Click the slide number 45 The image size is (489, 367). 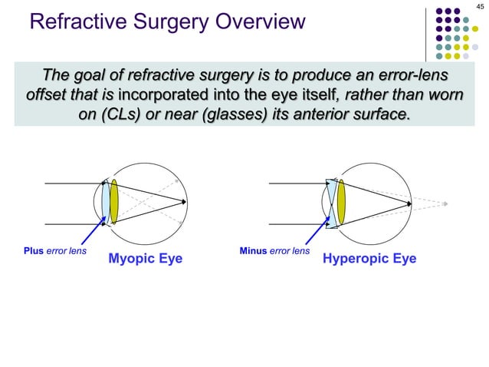click(x=481, y=8)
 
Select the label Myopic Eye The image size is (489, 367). click(x=145, y=259)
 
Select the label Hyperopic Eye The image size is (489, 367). click(x=369, y=259)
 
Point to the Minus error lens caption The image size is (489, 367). click(x=274, y=251)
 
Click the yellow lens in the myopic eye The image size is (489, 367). click(x=114, y=202)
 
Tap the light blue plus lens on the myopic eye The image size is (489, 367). click(x=105, y=202)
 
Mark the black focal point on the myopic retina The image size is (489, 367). click(x=185, y=202)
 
